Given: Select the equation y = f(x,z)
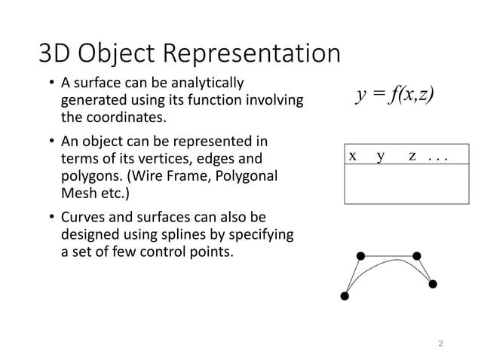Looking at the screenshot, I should [x=397, y=96].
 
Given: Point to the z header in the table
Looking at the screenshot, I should [x=412, y=156].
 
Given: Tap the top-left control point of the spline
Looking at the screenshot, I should [x=361, y=256].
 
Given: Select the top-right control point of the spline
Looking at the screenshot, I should [x=417, y=255].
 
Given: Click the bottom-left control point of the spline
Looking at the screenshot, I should [x=345, y=296].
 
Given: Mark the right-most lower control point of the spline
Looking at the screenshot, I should [x=433, y=284].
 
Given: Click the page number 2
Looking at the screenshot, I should [x=441, y=343].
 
